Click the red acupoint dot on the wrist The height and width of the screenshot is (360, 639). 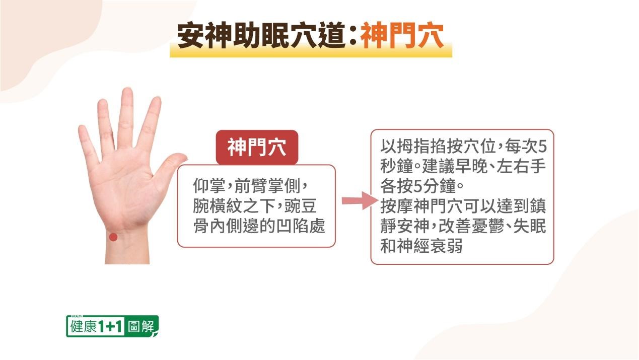pyautogui.click(x=113, y=237)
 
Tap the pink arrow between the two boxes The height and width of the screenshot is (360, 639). pyautogui.click(x=360, y=200)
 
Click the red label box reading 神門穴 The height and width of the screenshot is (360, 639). pyautogui.click(x=257, y=147)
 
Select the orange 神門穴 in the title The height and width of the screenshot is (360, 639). pyautogui.click(x=402, y=36)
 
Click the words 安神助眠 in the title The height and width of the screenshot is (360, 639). pyautogui.click(x=233, y=36)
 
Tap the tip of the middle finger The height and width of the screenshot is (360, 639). pyautogui.click(x=127, y=89)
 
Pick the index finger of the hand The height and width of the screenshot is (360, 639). pyautogui.click(x=150, y=123)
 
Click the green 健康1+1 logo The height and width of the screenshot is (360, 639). pyautogui.click(x=112, y=326)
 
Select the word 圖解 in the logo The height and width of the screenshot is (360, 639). pyautogui.click(x=141, y=326)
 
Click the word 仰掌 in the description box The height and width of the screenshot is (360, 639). pyautogui.click(x=209, y=186)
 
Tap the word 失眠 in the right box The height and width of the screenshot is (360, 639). pyautogui.click(x=530, y=226)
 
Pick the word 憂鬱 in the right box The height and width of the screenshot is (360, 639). pyautogui.click(x=488, y=226)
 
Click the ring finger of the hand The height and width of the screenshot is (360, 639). pyautogui.click(x=106, y=125)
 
